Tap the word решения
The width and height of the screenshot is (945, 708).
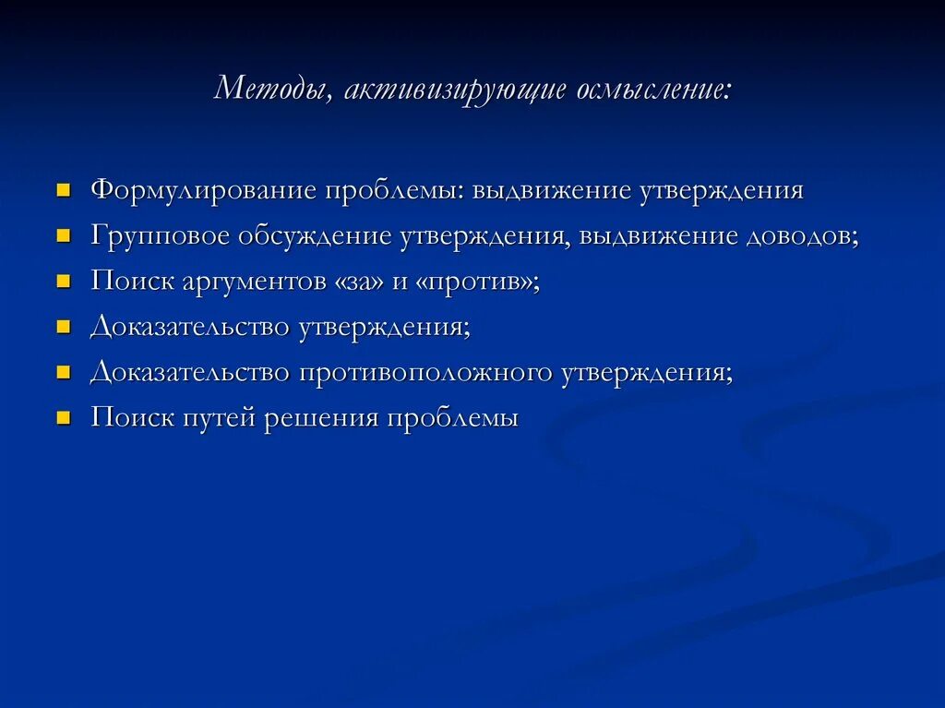coord(321,418)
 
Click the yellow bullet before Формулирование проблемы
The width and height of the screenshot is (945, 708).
coord(64,191)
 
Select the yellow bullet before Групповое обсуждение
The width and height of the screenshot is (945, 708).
coord(64,236)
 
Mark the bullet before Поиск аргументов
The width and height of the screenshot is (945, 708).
coord(64,282)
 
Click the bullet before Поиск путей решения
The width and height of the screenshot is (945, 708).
coord(64,418)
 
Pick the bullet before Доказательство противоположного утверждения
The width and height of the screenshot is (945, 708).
coord(64,373)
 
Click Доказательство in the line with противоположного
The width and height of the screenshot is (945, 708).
coord(189,373)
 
